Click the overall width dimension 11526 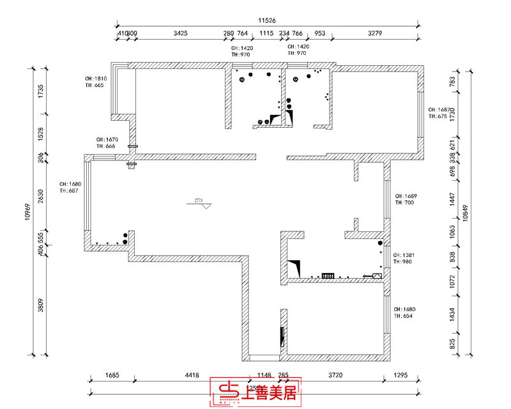(266, 20)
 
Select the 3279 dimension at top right (376, 34)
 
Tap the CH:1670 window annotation (107, 139)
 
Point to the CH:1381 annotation (404, 255)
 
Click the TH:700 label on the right (404, 203)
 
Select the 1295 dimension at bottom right (400, 375)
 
